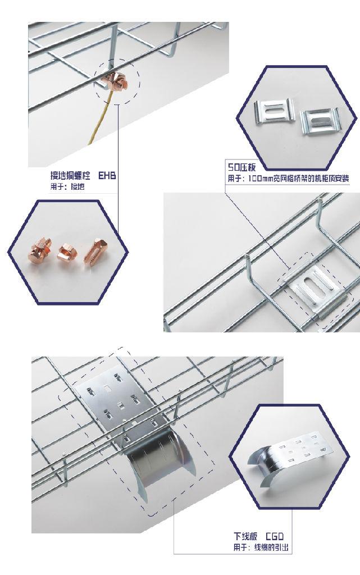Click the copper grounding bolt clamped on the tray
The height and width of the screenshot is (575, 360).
[x=116, y=81]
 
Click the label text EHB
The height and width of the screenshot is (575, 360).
[x=107, y=176]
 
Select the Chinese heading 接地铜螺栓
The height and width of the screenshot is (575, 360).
[x=70, y=176]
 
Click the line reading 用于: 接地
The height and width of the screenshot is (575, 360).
[x=67, y=187]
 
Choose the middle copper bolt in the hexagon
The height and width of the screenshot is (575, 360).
[x=69, y=253]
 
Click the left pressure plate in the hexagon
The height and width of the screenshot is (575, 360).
[x=273, y=111]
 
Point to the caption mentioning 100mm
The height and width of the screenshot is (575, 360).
[x=289, y=179]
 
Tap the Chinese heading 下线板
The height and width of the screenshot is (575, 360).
[x=245, y=536]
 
